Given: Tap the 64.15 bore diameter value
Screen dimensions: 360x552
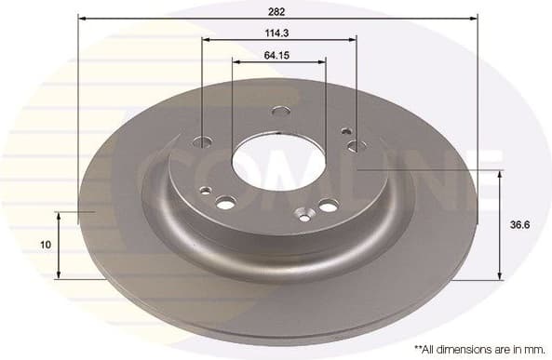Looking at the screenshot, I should coord(276,54).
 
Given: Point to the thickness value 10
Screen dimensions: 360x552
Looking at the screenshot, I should coord(45,245).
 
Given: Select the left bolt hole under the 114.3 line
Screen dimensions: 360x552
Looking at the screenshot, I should coord(202,142).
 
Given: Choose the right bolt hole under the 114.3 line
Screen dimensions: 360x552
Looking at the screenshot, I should coord(354,146).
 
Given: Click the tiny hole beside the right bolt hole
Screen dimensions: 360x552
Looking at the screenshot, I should coord(346,132).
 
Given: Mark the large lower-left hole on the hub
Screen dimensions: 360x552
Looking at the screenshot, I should coord(224,202).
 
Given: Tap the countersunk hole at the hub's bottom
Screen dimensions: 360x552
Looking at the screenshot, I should coord(303,217).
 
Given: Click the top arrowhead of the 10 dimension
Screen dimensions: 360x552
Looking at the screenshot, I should coord(59,215).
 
